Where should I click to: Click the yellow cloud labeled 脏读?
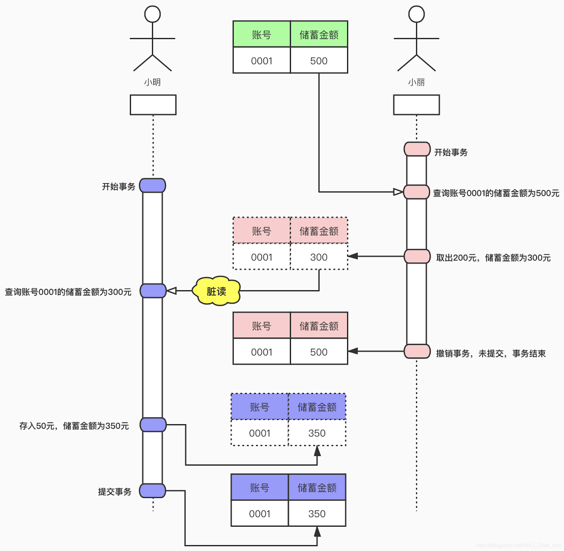click(216, 291)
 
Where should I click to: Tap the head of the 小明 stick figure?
click(152, 14)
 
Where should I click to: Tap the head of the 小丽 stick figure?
click(416, 14)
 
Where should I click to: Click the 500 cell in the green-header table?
click(319, 60)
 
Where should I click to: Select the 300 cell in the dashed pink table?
click(319, 257)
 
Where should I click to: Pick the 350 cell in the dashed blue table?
click(317, 433)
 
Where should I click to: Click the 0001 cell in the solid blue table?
click(260, 514)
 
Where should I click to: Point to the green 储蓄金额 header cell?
click(319, 34)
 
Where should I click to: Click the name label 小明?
click(152, 82)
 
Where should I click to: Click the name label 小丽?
click(416, 82)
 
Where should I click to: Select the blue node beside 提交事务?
click(153, 491)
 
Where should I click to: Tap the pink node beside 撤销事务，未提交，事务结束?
click(417, 351)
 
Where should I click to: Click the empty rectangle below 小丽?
click(416, 105)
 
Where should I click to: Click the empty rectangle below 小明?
click(153, 105)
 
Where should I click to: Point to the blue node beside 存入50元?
click(153, 425)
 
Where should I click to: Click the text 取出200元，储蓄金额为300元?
click(493, 258)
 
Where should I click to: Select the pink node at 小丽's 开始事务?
click(417, 149)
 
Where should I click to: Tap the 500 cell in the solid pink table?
click(319, 352)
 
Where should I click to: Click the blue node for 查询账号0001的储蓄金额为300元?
click(153, 291)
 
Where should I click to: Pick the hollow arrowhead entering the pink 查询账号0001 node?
click(398, 192)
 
